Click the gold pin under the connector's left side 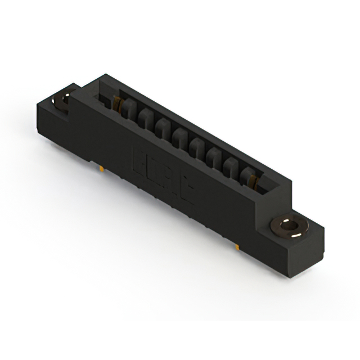coord(100,167)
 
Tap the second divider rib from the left coord(144,119)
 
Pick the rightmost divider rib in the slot coord(246,175)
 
